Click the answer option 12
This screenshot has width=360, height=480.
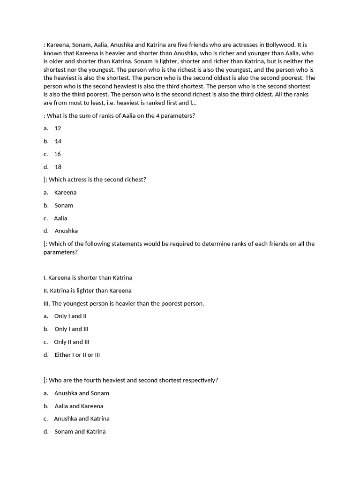[x=58, y=128]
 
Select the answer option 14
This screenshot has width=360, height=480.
[x=58, y=141]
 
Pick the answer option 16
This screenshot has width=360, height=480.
[x=58, y=154]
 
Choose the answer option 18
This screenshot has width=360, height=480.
[x=58, y=167]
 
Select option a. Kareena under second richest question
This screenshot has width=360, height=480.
[x=65, y=193]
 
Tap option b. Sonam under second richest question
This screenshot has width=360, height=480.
[x=64, y=205]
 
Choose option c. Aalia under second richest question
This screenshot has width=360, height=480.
[x=60, y=218]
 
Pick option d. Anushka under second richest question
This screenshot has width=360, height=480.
[x=66, y=231]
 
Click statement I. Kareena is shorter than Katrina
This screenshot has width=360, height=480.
[x=91, y=278]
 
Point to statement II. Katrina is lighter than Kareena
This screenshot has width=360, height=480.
[x=88, y=291]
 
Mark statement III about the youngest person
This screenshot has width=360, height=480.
[x=124, y=304]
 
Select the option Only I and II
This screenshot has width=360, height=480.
[x=70, y=316]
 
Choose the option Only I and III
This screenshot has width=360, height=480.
[x=71, y=329]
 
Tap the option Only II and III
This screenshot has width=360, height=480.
[x=72, y=342]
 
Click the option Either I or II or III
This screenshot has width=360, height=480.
[x=77, y=355]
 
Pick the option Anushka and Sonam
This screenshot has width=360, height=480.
[x=82, y=393]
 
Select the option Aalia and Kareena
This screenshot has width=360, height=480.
[x=79, y=406]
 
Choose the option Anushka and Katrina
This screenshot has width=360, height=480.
[x=82, y=419]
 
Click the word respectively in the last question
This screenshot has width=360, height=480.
[x=201, y=381]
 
